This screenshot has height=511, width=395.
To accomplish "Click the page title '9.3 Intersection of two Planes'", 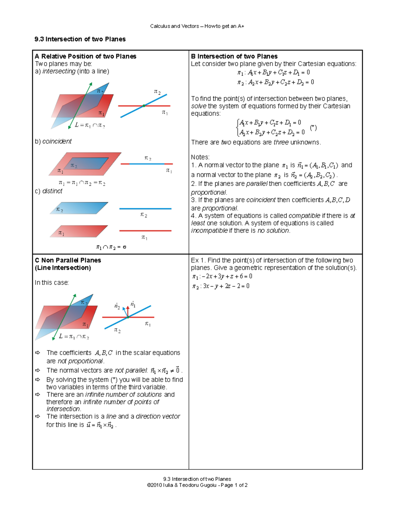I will click(80, 39).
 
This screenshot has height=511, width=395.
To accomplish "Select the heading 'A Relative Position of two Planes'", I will click(86, 56).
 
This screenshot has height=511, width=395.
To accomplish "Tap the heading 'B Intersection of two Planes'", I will click(234, 56).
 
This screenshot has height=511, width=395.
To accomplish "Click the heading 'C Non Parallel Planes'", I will click(68, 260).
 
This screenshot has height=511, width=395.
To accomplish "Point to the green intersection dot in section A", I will click(144, 106).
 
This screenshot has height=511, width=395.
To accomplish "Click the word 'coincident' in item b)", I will click(57, 141).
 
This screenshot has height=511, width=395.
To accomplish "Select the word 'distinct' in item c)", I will click(52, 191).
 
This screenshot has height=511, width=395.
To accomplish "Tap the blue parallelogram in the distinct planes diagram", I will click(79, 208).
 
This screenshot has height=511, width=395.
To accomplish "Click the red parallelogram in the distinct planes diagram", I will click(79, 231).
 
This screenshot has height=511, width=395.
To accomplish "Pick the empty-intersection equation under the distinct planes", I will click(111, 247).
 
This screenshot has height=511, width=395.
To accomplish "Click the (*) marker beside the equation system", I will click(313, 128).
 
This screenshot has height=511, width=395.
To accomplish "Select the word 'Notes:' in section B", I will click(200, 157).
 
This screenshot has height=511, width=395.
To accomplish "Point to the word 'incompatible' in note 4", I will click(209, 231).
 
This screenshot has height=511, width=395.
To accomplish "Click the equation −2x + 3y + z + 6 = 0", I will click(223, 276).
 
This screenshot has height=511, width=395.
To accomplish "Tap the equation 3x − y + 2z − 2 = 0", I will click(221, 286).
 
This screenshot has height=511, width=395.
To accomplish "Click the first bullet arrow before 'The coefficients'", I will click(38, 353).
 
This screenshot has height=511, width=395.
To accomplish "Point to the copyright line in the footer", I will click(197, 485).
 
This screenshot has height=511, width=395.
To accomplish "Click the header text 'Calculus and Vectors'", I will click(174, 26).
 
